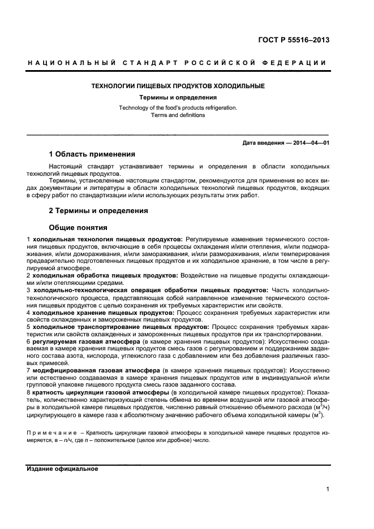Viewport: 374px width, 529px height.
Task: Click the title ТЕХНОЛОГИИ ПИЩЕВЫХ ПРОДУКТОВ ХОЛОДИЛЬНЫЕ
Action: pos(178,86)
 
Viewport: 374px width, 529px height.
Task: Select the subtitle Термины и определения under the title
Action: pos(178,97)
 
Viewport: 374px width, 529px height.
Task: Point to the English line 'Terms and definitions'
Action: pos(178,115)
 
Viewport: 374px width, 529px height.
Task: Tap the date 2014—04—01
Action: pos(311,143)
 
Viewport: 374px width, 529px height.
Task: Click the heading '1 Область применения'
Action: pos(92,154)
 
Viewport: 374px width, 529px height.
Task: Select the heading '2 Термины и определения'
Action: pos(98,211)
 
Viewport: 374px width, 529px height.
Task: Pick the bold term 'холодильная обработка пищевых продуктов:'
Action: pos(105,275)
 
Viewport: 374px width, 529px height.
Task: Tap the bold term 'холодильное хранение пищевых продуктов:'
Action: pos(103,312)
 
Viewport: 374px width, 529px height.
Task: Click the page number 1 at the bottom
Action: pos(328,490)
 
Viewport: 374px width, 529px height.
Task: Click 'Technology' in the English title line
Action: pos(133,107)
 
